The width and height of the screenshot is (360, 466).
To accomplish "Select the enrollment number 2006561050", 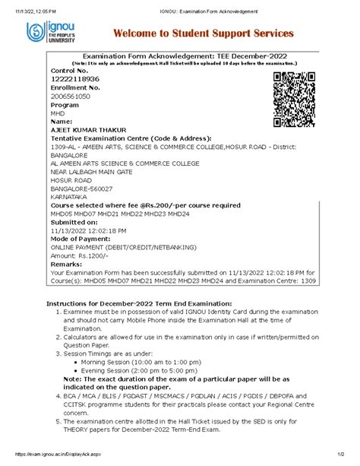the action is (71, 97).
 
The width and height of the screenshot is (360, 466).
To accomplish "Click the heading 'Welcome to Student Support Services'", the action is (203, 34).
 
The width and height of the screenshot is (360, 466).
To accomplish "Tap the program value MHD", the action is (58, 113).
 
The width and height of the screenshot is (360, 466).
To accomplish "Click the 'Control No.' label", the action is (68, 70).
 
